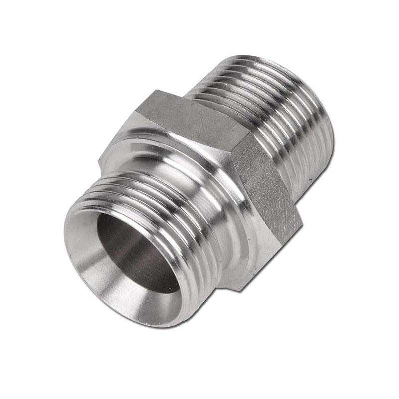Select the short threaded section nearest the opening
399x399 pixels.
150,199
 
